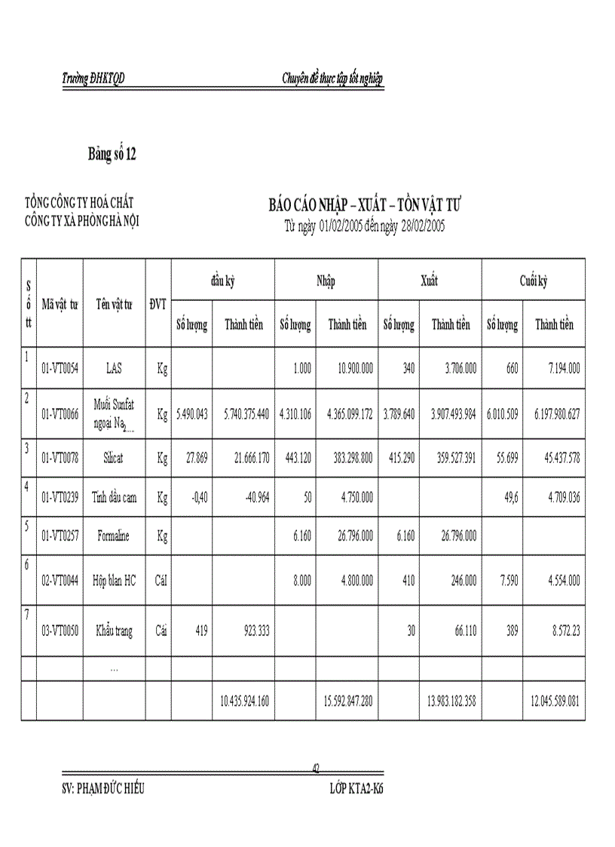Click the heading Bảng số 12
click(112, 155)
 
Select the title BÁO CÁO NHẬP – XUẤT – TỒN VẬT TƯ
click(365, 205)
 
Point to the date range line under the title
click(365, 226)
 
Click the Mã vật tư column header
click(60, 304)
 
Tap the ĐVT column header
click(158, 304)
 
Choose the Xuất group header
click(429, 281)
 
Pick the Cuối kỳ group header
click(533, 281)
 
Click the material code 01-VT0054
click(60, 369)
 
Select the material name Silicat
click(113, 458)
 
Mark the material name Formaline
click(113, 536)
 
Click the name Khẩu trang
click(113, 631)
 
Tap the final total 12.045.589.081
click(553, 701)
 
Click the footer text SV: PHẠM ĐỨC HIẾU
click(103, 789)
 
